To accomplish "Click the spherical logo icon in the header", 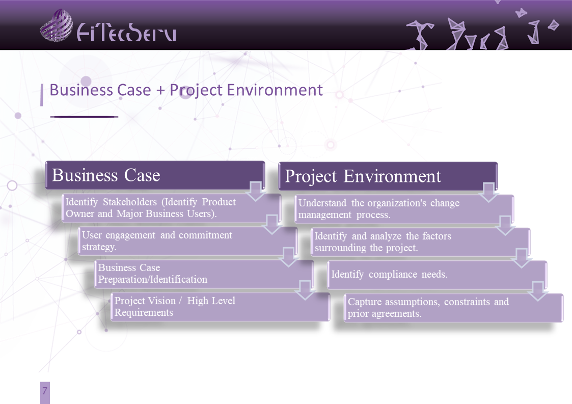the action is [56, 25].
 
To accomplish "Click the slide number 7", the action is [45, 391].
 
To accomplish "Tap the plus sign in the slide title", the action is [160, 91].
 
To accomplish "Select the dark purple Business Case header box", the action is [155, 175].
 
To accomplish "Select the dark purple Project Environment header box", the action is [388, 176].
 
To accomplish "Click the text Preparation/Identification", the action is [152, 280].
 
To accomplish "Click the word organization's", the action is [397, 203].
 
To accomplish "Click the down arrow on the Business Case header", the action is [255, 190].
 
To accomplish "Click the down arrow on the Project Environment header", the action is [488, 192].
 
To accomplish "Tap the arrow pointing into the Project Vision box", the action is [305, 290].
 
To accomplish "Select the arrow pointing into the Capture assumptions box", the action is [537, 291].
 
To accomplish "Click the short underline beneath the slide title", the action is [84, 117].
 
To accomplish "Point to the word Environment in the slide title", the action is [275, 90].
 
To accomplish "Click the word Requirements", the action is [144, 313].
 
